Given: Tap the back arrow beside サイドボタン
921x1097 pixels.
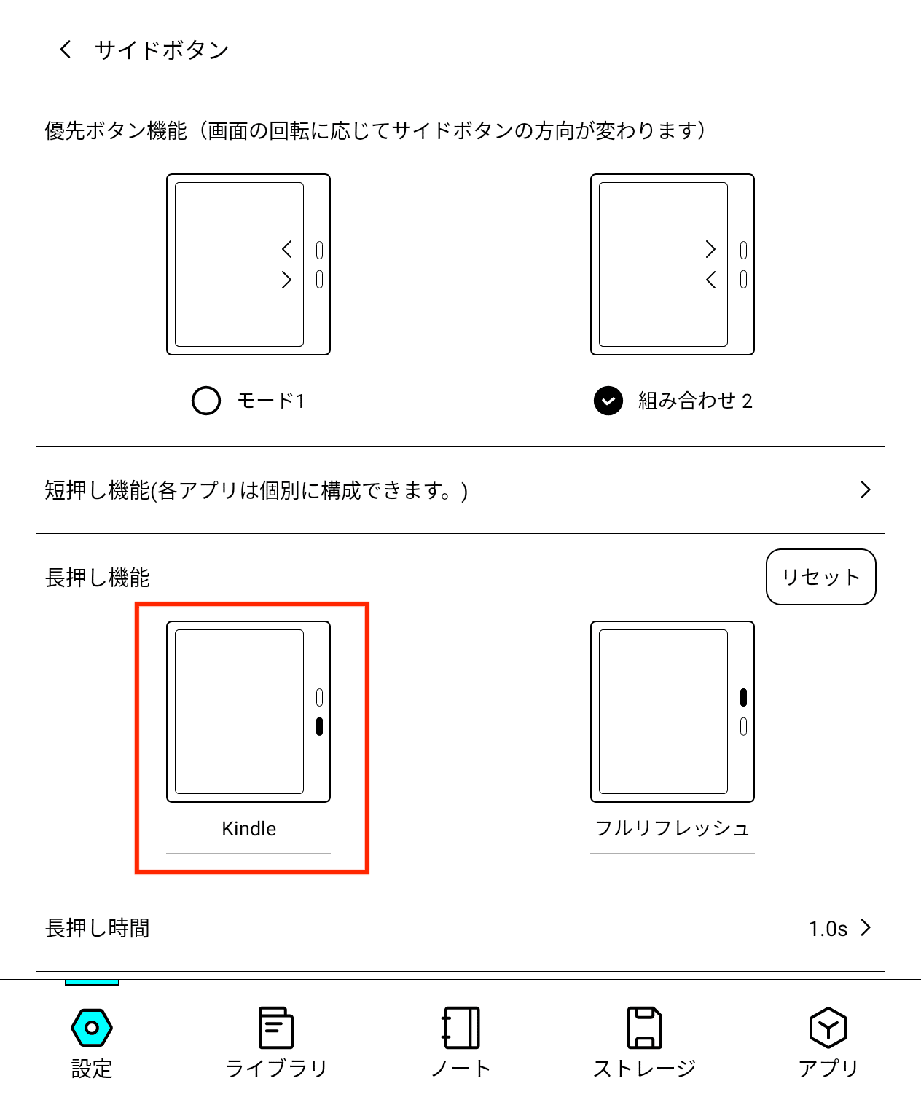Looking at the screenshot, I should point(66,50).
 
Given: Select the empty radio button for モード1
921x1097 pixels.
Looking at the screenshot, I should point(206,401).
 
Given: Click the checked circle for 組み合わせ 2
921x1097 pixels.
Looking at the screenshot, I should point(608,401).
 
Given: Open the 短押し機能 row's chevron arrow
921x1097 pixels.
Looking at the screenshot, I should point(865,489).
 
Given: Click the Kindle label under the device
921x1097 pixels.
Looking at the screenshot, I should point(248,829).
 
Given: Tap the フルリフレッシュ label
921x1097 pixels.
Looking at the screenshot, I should point(672,829).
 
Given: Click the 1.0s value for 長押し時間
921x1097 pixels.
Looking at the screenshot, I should point(828,929).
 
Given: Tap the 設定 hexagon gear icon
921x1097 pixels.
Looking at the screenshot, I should point(92,1028).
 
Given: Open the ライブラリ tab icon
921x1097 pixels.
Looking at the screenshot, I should point(276,1028).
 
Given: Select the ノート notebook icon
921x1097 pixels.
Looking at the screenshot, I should point(460,1028).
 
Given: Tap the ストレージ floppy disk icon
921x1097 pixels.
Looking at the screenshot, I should point(645,1028).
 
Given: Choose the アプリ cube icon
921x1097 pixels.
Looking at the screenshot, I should point(828,1028).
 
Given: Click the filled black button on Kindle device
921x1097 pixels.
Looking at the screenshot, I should point(319,726).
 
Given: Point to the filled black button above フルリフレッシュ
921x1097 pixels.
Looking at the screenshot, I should point(743,697).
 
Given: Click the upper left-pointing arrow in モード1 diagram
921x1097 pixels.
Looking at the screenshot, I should point(287,249).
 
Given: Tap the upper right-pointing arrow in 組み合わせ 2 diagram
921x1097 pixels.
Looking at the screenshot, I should point(710,249).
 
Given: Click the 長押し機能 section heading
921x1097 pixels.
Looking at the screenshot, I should point(98,578).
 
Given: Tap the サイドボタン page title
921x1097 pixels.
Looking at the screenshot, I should point(162,50).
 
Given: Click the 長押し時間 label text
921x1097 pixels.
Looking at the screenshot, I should point(98,928).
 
